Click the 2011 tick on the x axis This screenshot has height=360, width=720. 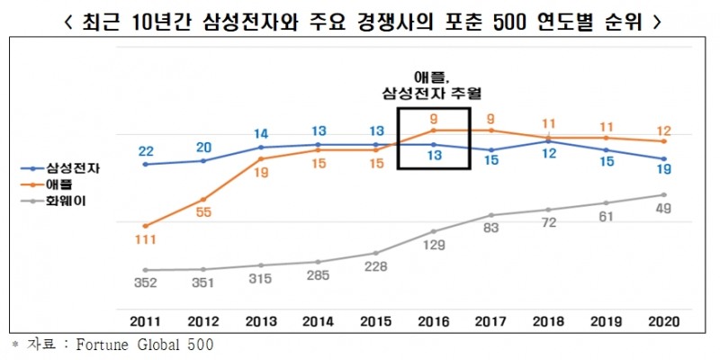click(145, 321)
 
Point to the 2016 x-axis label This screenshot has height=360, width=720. click(434, 321)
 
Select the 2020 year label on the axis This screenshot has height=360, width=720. click(663, 321)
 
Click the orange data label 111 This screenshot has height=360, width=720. click(145, 240)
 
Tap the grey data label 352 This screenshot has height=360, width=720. click(145, 284)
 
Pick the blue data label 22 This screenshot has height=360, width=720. click(145, 150)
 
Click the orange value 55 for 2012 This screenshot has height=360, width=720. click(202, 213)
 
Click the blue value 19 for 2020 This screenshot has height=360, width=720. click(664, 168)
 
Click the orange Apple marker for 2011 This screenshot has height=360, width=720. click(145, 226)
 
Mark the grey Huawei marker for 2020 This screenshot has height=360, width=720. click(664, 194)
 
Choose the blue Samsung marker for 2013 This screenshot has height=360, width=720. click(260, 147)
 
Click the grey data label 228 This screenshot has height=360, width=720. click(376, 266)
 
